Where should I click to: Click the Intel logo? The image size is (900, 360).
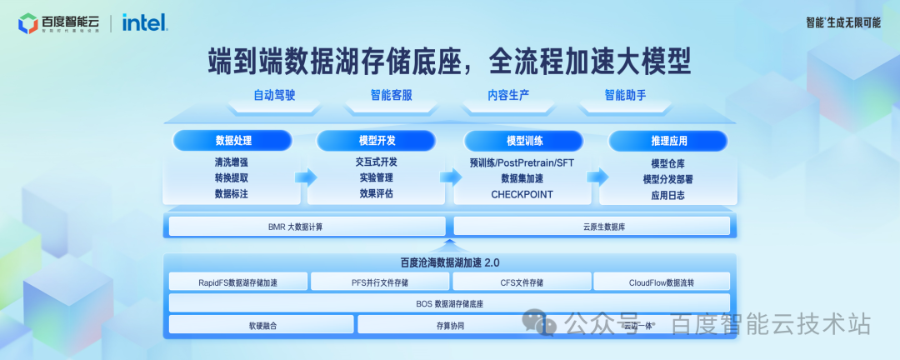pyautogui.click(x=145, y=22)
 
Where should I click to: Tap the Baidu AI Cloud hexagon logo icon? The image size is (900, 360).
pyautogui.click(x=28, y=23)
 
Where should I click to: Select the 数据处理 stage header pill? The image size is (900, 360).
pyautogui.click(x=232, y=140)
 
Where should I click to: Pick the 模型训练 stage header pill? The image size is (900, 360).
pyautogui.click(x=522, y=140)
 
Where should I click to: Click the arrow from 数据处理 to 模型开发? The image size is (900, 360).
pyautogui.click(x=306, y=177)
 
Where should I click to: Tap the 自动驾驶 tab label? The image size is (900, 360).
pyautogui.click(x=274, y=95)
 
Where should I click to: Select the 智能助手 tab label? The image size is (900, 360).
pyautogui.click(x=625, y=95)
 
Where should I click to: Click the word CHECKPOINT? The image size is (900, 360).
pyautogui.click(x=522, y=194)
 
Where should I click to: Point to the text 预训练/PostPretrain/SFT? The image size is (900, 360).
pyautogui.click(x=522, y=162)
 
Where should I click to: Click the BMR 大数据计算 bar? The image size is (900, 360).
pyautogui.click(x=308, y=226)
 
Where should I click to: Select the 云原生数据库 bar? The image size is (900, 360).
pyautogui.click(x=592, y=226)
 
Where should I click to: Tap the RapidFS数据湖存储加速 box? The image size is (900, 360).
pyautogui.click(x=237, y=282)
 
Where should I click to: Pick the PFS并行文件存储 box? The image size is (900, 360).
pyautogui.click(x=379, y=282)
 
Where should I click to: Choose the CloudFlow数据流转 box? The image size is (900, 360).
pyautogui.click(x=662, y=282)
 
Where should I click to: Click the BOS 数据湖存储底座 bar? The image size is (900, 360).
pyautogui.click(x=450, y=303)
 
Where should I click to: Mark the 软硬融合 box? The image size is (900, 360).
pyautogui.click(x=262, y=325)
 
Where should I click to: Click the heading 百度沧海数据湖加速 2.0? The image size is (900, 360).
pyautogui.click(x=450, y=262)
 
